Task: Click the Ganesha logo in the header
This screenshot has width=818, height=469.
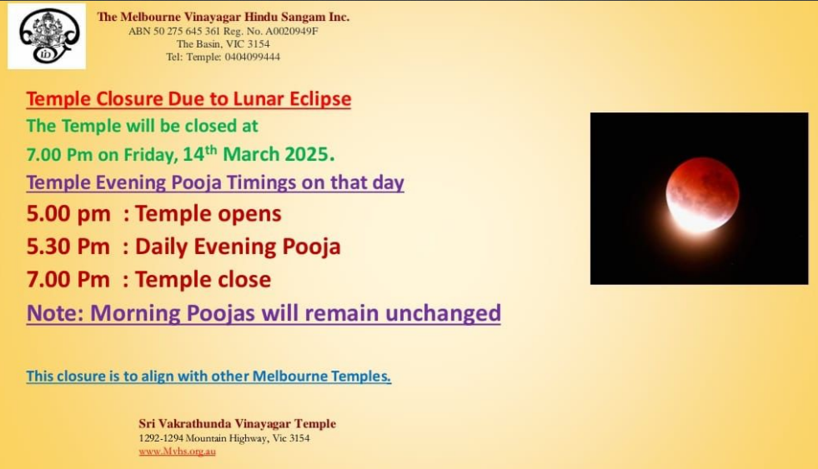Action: (x=47, y=36)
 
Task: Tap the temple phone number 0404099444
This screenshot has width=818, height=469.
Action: (x=253, y=57)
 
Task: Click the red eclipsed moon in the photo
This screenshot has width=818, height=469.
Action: (x=702, y=195)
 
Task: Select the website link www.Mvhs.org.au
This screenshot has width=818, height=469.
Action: (x=177, y=452)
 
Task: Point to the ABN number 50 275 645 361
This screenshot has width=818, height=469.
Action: (x=187, y=31)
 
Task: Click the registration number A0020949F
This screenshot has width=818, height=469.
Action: (x=292, y=31)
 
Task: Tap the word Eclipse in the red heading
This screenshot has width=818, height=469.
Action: (x=320, y=99)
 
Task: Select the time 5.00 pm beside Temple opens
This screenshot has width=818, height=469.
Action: (x=68, y=214)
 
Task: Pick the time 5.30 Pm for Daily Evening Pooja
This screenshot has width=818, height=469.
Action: (x=68, y=247)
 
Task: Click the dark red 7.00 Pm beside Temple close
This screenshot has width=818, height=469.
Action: (x=68, y=280)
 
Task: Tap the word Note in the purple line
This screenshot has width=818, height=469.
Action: (x=55, y=313)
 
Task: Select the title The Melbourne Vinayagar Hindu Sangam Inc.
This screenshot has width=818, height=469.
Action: (x=223, y=17)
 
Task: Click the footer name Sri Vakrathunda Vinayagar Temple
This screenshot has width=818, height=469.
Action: (x=238, y=424)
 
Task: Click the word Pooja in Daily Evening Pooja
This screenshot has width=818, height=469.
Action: (x=311, y=247)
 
